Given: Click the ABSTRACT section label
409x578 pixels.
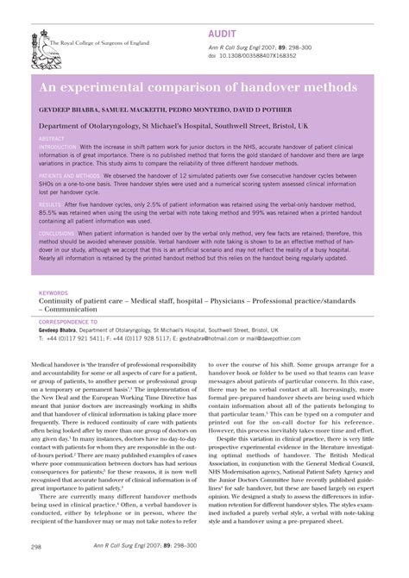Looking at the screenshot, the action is pyautogui.click(x=53, y=138).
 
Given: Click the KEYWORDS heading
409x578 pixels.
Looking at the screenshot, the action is pyautogui.click(x=54, y=292).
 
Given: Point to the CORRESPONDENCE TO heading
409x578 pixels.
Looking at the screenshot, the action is pyautogui.click(x=70, y=320).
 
